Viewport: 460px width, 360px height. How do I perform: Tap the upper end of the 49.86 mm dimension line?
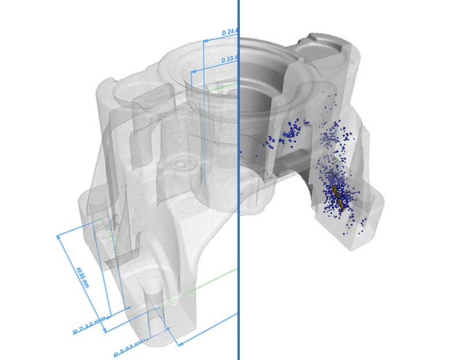59,235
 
